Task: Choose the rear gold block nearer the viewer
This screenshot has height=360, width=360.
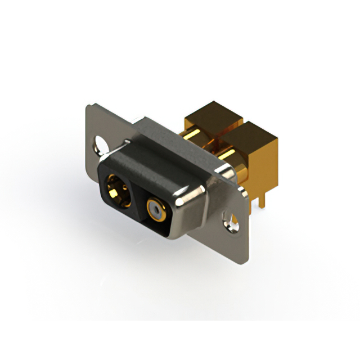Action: [x=250, y=146]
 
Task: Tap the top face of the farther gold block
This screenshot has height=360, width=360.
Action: [x=214, y=112]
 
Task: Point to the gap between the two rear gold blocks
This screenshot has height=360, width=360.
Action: [x=225, y=135]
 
